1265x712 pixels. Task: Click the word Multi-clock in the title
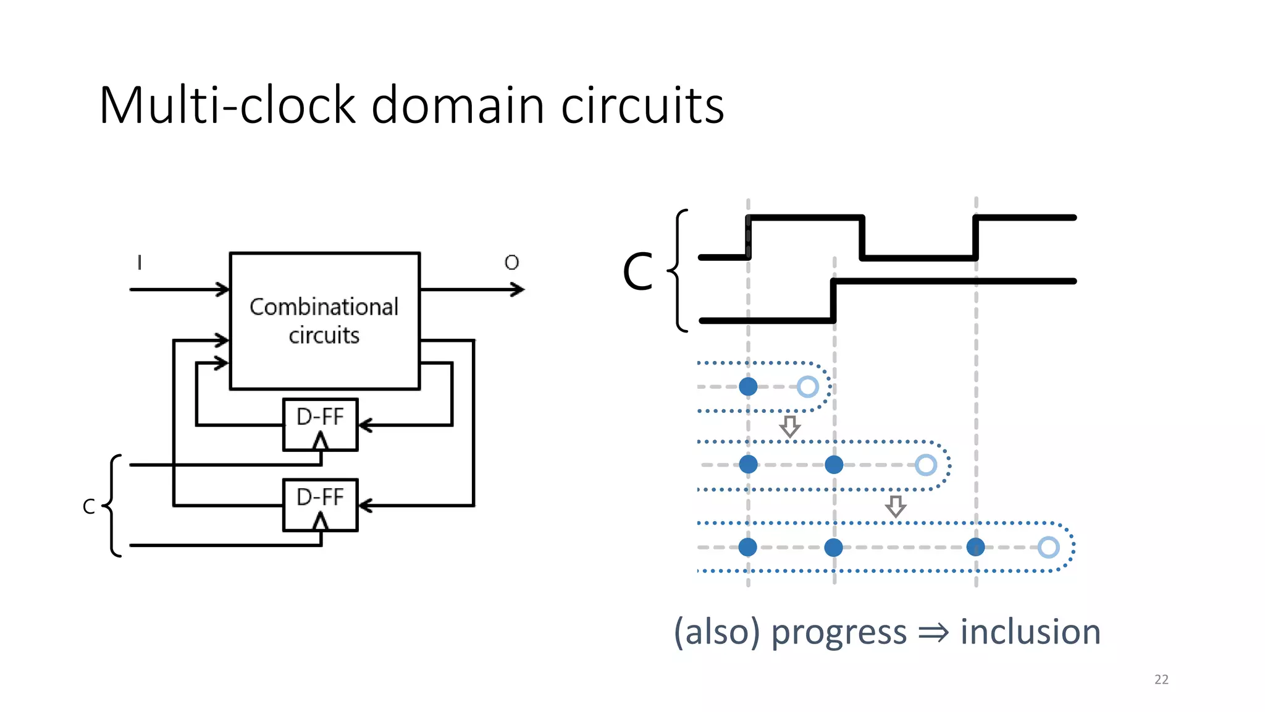pyautogui.click(x=227, y=105)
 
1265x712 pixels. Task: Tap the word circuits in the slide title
pyautogui.click(x=642, y=105)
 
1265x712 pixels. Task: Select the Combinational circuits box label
pyautogui.click(x=324, y=321)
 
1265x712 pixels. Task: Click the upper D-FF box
pyautogui.click(x=320, y=418)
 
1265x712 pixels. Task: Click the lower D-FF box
pyautogui.click(x=320, y=498)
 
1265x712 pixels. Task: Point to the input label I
pyautogui.click(x=140, y=263)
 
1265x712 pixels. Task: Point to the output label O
pyautogui.click(x=511, y=263)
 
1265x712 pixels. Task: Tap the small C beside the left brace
pyautogui.click(x=89, y=507)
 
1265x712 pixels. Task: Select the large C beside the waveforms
pyautogui.click(x=637, y=272)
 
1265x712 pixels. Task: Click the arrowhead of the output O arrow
pyautogui.click(x=518, y=289)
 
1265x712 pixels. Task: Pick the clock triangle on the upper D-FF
pyautogui.click(x=320, y=441)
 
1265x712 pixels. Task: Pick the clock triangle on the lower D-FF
pyautogui.click(x=320, y=522)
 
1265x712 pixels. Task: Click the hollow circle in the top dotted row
pyautogui.click(x=807, y=387)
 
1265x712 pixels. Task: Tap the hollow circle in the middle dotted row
pyautogui.click(x=925, y=465)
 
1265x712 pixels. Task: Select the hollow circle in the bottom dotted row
pyautogui.click(x=1048, y=547)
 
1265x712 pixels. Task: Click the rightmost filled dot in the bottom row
pyautogui.click(x=975, y=547)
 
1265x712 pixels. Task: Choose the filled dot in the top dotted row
pyautogui.click(x=748, y=387)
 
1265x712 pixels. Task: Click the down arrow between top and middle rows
pyautogui.click(x=789, y=426)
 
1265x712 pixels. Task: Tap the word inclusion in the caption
pyautogui.click(x=1030, y=632)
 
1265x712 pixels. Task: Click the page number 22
pyautogui.click(x=1161, y=679)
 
